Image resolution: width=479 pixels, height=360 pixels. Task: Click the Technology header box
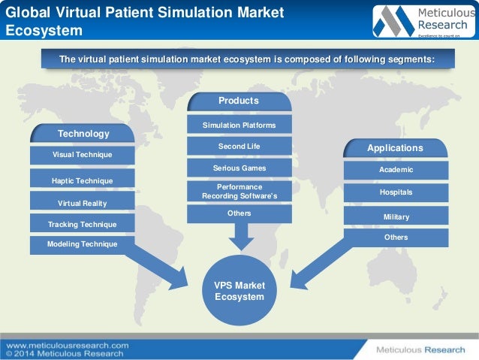pos(83,134)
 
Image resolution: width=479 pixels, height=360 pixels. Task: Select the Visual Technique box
pos(83,155)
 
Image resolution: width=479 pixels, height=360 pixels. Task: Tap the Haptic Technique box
pos(83,180)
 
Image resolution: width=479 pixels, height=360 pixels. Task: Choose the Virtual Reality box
pos(83,203)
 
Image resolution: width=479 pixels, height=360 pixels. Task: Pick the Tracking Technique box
pos(83,224)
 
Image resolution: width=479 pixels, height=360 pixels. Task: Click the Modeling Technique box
pos(83,244)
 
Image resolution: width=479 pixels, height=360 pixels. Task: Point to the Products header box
pos(239,101)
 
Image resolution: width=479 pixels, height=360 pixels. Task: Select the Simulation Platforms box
pos(239,125)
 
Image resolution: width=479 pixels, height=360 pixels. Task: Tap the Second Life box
pos(239,146)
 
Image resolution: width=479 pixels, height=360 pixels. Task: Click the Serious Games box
pos(239,168)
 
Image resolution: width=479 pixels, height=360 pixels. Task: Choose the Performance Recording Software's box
pos(239,191)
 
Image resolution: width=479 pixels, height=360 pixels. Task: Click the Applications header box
pos(396,148)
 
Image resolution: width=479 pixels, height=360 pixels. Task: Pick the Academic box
pos(396,170)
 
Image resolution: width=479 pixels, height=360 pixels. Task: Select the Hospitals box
pos(396,192)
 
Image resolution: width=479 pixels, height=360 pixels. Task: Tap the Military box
pos(396,216)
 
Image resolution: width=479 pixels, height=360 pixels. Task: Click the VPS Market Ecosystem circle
pos(239,291)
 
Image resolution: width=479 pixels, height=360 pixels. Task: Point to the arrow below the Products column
pos(239,236)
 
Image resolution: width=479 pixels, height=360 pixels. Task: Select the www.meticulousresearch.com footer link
pos(68,345)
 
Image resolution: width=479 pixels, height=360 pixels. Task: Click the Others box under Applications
pos(396,237)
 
